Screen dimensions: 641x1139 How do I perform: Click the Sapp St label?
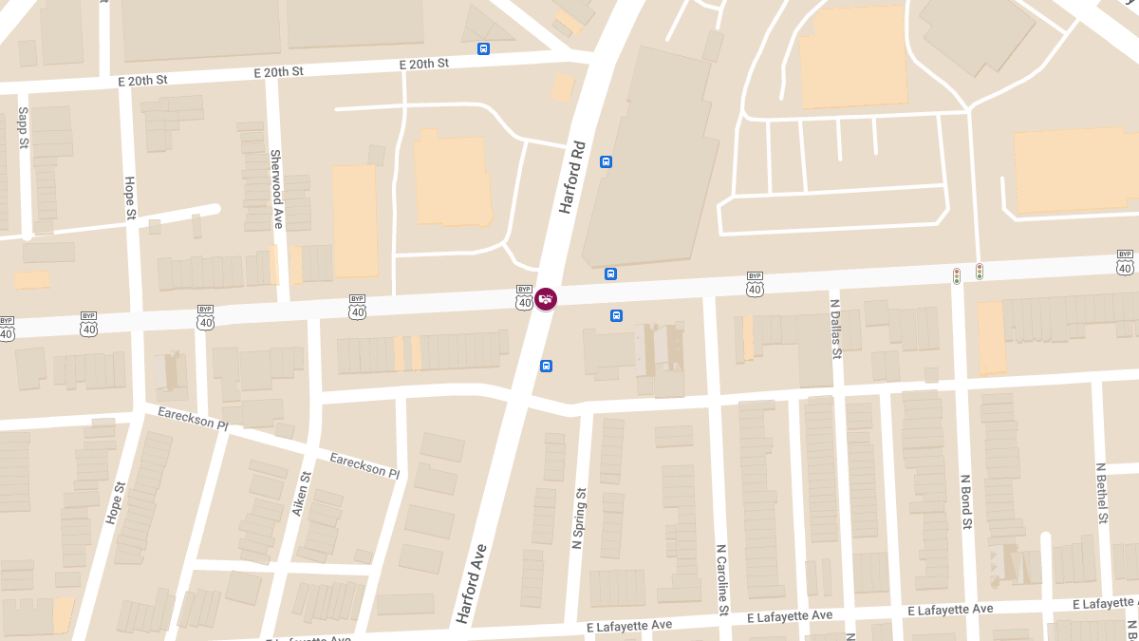(x=24, y=127)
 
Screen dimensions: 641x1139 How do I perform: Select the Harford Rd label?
(x=573, y=178)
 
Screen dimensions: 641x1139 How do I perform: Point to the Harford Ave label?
(x=472, y=583)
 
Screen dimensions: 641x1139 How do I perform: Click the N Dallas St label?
(x=836, y=329)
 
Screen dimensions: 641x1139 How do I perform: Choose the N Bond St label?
(x=966, y=501)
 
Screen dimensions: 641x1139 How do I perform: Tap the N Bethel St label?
(x=1102, y=494)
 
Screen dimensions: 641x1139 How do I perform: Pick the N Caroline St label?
(x=721, y=578)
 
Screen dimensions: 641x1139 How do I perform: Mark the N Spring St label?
(x=578, y=518)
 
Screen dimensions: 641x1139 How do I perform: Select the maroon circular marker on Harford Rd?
(x=546, y=299)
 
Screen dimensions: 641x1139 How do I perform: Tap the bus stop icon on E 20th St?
(x=484, y=48)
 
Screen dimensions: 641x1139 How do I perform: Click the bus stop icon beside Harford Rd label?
(x=607, y=161)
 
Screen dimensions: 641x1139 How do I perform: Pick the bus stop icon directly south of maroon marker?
(x=547, y=366)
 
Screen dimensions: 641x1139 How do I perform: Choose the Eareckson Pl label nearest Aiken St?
(x=364, y=464)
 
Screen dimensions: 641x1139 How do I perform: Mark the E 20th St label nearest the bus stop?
(x=423, y=64)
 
